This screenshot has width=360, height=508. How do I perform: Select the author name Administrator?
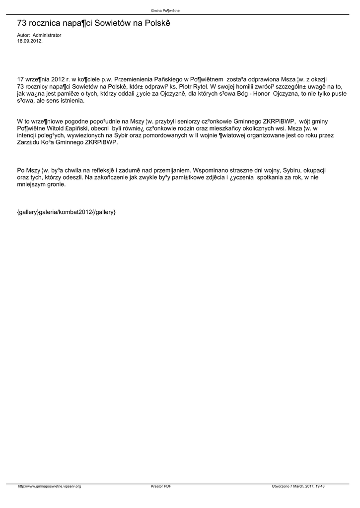pyautogui.click(x=47, y=36)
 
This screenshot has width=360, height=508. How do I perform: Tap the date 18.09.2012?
pyautogui.click(x=30, y=41)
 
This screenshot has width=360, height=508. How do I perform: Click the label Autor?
pyautogui.click(x=23, y=36)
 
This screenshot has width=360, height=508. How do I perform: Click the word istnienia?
pyautogui.click(x=72, y=100)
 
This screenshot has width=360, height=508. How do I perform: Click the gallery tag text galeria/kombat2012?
pyautogui.click(x=66, y=212)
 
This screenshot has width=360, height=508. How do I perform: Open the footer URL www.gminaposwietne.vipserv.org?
pyautogui.click(x=49, y=486)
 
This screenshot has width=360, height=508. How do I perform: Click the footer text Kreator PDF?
pyautogui.click(x=161, y=486)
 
